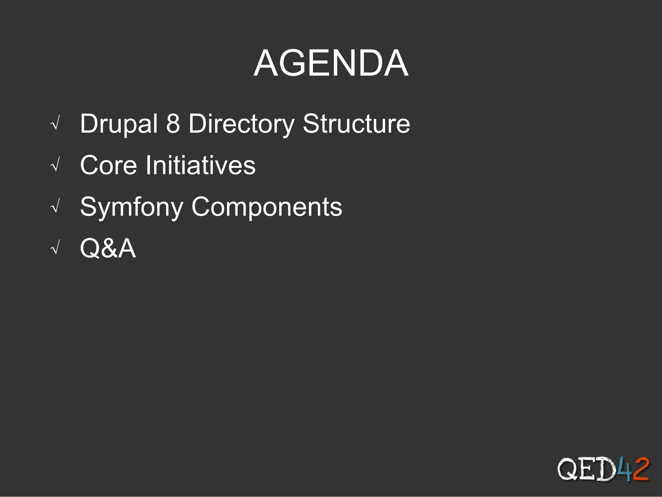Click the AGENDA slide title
(x=331, y=63)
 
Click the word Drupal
(x=119, y=124)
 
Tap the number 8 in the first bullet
(x=173, y=123)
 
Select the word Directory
(x=241, y=124)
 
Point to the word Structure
(x=356, y=124)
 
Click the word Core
(x=109, y=165)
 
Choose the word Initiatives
(x=200, y=165)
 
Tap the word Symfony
(x=132, y=207)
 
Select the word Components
(x=267, y=207)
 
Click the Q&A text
(x=108, y=248)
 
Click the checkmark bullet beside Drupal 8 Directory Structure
(x=56, y=124)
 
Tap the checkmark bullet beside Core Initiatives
(x=56, y=166)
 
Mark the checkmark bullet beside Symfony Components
(x=56, y=207)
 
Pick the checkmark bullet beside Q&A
(x=56, y=249)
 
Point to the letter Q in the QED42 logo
(x=568, y=469)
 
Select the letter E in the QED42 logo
(x=587, y=469)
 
